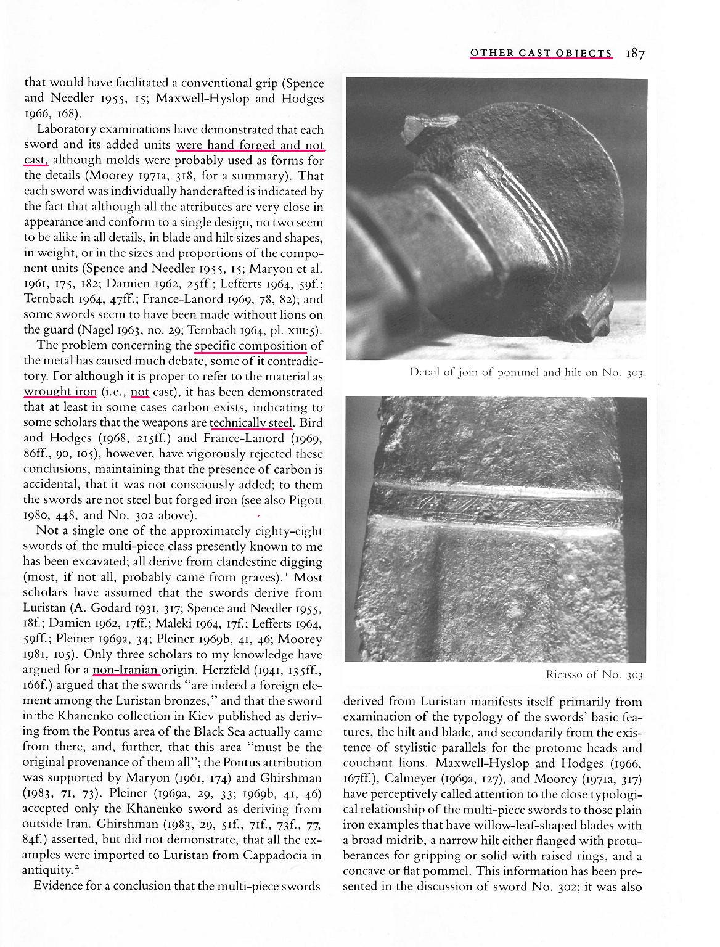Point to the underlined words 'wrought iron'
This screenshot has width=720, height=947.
click(60, 392)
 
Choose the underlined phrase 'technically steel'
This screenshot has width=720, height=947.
click(252, 422)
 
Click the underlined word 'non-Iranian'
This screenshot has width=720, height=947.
click(126, 670)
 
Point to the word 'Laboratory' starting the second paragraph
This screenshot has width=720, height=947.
click(67, 129)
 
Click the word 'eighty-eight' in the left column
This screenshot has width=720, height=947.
click(289, 531)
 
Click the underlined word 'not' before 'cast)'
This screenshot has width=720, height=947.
click(140, 392)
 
